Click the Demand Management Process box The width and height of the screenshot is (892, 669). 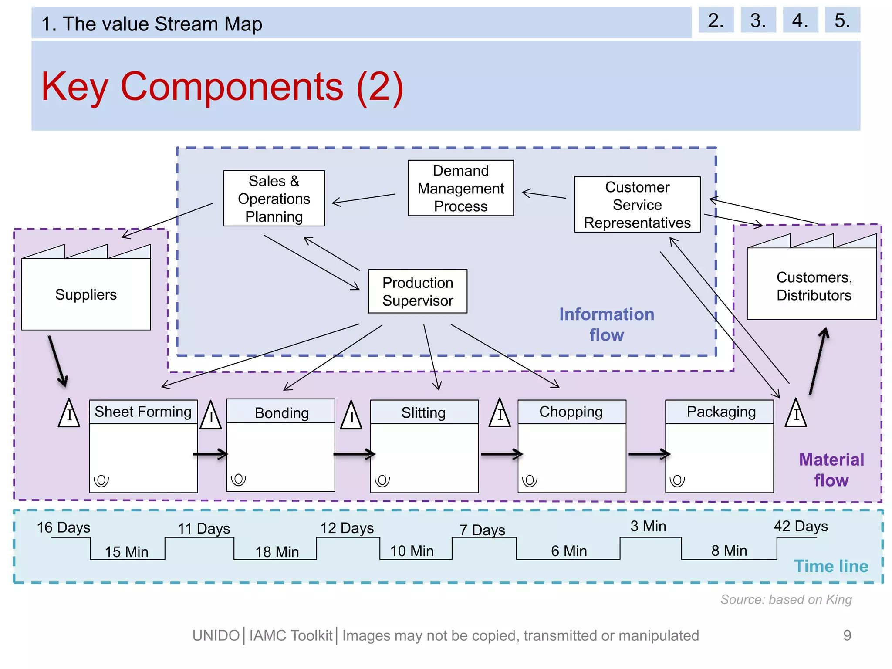(460, 188)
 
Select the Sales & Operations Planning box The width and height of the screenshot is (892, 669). (274, 199)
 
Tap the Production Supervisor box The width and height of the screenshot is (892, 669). (417, 291)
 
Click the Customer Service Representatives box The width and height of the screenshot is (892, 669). (637, 205)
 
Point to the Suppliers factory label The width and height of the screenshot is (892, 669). (86, 294)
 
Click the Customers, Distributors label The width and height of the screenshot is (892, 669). (814, 286)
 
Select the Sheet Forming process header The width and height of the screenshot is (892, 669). (143, 412)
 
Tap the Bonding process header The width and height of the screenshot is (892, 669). (281, 412)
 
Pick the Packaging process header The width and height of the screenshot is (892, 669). (721, 412)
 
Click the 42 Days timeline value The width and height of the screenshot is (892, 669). (801, 526)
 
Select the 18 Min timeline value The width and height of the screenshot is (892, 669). (277, 552)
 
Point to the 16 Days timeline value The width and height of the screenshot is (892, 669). (64, 527)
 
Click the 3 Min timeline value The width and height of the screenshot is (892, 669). (648, 526)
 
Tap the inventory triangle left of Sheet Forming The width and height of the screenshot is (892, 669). (69, 414)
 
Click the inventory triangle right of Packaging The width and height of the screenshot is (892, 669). (796, 414)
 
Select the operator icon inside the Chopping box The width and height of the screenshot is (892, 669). (530, 481)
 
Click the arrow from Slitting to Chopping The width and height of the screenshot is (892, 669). (501, 454)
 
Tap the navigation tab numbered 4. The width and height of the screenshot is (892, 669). (800, 20)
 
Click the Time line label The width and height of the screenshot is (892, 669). (831, 566)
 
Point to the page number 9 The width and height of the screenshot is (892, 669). (847, 635)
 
